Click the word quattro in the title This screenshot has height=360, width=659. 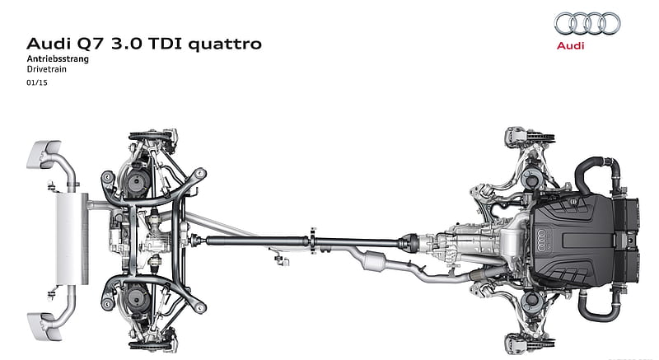225,44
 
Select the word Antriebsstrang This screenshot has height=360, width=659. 58,58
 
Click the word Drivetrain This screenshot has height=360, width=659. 47,69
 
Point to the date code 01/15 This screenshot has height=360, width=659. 37,82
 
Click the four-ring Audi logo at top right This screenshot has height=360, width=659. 587,23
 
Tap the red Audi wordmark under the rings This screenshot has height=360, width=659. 570,45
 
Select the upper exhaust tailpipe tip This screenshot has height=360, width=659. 44,154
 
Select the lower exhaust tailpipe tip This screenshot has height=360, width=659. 44,326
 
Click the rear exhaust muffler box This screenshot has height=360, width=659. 72,239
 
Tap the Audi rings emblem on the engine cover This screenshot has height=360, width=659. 542,241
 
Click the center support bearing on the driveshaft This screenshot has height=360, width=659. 313,241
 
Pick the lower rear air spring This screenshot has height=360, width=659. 137,297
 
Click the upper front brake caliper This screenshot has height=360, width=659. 516,137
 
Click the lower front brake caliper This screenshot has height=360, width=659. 516,344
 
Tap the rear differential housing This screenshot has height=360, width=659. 157,240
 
